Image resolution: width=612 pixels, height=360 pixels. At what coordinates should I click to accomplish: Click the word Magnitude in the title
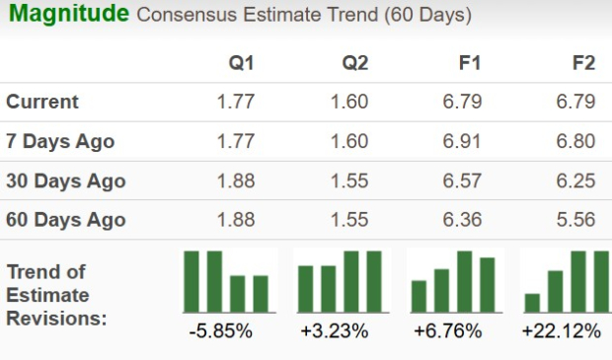[68, 15]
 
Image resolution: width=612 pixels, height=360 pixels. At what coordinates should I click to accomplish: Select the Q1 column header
[242, 63]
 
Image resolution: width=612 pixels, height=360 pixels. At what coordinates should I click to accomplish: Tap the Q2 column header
[355, 63]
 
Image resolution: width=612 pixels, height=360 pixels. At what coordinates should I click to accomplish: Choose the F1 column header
[470, 63]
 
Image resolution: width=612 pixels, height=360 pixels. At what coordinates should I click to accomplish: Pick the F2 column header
[583, 63]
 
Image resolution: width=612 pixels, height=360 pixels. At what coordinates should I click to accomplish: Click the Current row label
[42, 102]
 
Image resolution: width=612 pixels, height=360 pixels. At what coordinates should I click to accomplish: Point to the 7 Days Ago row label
[60, 141]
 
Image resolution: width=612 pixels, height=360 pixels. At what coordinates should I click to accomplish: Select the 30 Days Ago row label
[65, 180]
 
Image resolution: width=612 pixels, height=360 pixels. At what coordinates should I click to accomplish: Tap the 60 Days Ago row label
[65, 220]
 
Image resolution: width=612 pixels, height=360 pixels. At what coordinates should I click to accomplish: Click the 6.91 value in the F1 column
[463, 141]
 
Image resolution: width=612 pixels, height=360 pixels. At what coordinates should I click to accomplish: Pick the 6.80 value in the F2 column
[576, 141]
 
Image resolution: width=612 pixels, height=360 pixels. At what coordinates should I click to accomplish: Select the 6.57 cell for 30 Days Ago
[463, 180]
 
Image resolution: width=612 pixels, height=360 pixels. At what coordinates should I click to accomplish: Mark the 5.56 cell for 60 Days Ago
[576, 220]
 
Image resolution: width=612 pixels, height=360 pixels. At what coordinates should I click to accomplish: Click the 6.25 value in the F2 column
[576, 180]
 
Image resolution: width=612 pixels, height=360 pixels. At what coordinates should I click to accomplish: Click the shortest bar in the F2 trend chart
[533, 302]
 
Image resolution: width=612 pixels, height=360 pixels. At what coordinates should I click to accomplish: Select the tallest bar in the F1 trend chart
[464, 281]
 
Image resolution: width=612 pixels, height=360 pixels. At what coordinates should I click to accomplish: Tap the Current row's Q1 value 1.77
[235, 102]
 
